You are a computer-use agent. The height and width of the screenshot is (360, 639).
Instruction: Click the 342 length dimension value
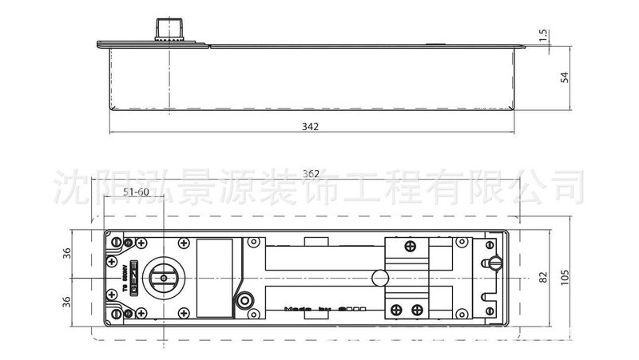click(x=312, y=127)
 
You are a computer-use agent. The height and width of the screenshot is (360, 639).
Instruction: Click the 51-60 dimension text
click(x=137, y=192)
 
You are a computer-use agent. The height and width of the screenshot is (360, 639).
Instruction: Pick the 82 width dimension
click(x=542, y=276)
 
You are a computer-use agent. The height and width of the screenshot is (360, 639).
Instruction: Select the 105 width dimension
click(x=564, y=276)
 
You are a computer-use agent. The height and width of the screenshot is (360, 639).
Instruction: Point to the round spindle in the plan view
click(x=169, y=276)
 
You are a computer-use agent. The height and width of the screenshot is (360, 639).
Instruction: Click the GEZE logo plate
click(x=134, y=276)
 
